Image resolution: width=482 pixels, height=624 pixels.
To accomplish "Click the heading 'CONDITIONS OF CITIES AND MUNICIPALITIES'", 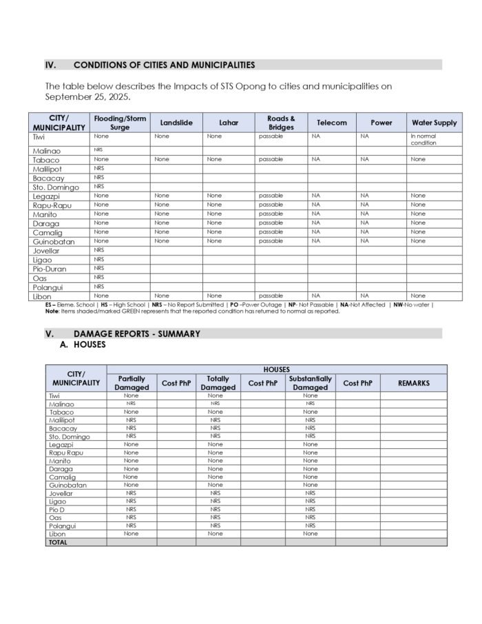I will coord(164,65).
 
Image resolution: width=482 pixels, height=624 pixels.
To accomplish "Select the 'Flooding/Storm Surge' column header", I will coord(120,123).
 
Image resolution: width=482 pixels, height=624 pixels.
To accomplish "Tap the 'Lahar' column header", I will coord(229,123).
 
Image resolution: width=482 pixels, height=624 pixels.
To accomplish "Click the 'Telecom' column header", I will coord(332,123).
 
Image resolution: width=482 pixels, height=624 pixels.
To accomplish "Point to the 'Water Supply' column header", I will coord(434,123).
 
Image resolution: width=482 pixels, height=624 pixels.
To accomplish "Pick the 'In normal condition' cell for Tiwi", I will coord(423,140).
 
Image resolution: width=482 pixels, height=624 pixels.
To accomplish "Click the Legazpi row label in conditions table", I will coord(46,196).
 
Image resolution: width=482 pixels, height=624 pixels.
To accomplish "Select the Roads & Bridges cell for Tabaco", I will coord(271,159).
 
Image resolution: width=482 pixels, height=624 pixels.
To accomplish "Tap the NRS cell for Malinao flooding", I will coord(99,149).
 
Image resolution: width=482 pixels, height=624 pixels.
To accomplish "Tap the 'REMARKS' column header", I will coord(413,383).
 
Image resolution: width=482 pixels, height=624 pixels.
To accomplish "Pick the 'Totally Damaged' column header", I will coord(218,383).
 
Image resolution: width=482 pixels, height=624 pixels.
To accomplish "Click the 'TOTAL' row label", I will coord(58,542).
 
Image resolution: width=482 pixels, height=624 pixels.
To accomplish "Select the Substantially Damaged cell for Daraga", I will coord(311,468).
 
